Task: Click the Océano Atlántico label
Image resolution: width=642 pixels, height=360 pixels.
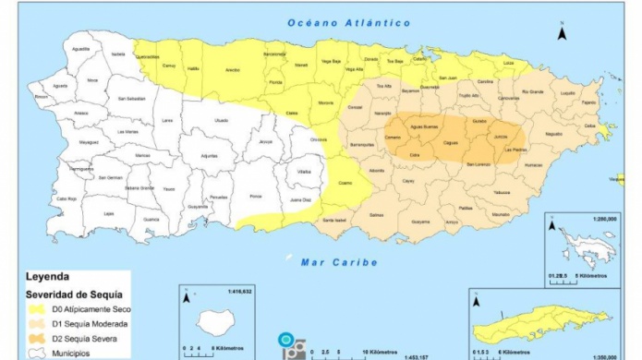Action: point(348,22)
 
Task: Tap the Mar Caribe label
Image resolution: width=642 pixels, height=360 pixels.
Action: point(339,262)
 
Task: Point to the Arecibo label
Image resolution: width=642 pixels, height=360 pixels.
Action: point(234,69)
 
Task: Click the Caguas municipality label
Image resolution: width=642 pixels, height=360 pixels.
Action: point(452,144)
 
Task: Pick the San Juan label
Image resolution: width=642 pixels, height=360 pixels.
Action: point(447,78)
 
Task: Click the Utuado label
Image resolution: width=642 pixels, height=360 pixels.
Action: point(221,120)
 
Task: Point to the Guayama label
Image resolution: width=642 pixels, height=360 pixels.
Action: point(420,222)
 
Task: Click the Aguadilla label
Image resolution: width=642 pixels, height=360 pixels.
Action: point(80,49)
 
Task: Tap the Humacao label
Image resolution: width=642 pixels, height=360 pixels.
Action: point(533,165)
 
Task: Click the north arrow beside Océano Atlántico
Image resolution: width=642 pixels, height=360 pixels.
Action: point(561,34)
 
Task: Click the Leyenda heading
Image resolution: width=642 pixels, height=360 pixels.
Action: point(47,276)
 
